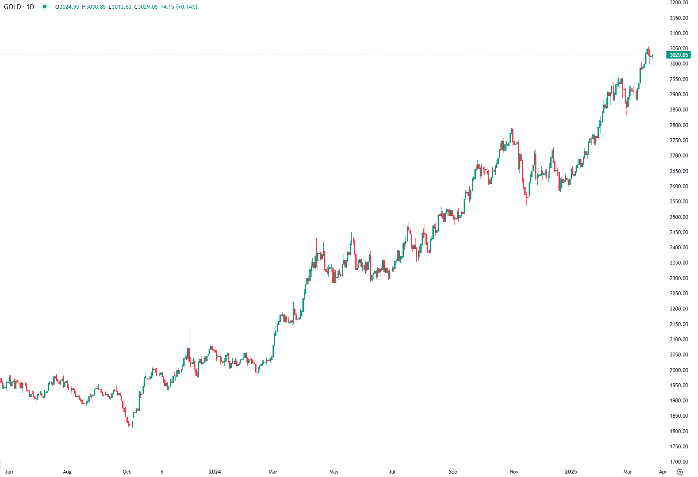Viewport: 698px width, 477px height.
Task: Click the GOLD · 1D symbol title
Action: pyautogui.click(x=19, y=7)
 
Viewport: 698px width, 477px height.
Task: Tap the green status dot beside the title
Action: pyautogui.click(x=44, y=7)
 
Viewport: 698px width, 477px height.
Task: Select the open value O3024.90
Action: pyautogui.click(x=67, y=7)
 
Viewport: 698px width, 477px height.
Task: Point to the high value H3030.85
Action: pyautogui.click(x=94, y=7)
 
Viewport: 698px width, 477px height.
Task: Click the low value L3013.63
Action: pyautogui.click(x=120, y=7)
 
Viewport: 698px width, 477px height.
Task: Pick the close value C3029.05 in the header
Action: pyautogui.click(x=146, y=7)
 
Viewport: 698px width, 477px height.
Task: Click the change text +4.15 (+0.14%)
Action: pyautogui.click(x=179, y=7)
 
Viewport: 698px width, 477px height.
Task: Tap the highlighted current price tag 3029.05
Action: pyautogui.click(x=679, y=55)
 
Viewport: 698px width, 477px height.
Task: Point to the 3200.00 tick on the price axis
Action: pyautogui.click(x=679, y=3)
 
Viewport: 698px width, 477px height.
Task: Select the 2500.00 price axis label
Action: pyautogui.click(x=679, y=217)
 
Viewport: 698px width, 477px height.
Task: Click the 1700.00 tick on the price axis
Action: pyautogui.click(x=679, y=461)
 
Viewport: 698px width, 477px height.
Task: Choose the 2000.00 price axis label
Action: pyautogui.click(x=679, y=370)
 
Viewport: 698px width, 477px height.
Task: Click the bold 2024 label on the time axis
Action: pyautogui.click(x=215, y=472)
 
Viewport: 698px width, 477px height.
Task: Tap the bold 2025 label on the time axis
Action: pyautogui.click(x=571, y=472)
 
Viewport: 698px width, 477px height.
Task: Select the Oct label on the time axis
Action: pyautogui.click(x=127, y=472)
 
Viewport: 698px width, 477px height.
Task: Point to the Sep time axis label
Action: pyautogui.click(x=453, y=472)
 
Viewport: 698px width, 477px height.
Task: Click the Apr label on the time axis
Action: pyautogui.click(x=662, y=472)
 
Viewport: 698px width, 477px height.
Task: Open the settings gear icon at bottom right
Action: pyautogui.click(x=680, y=472)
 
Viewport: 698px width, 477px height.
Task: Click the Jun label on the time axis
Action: pyautogui.click(x=9, y=472)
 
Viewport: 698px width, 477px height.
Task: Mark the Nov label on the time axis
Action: pyautogui.click(x=514, y=472)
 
